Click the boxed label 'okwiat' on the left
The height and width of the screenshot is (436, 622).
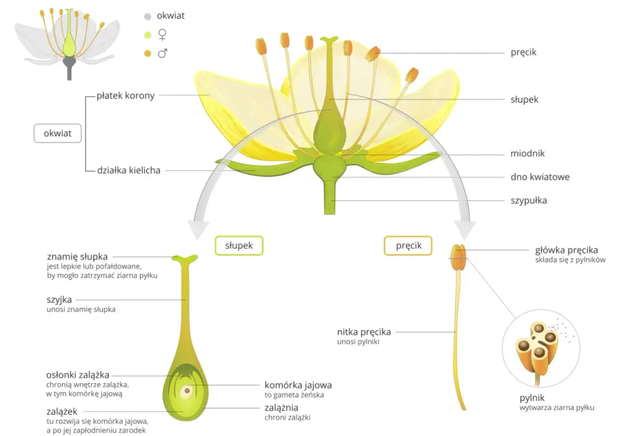click(x=57, y=133)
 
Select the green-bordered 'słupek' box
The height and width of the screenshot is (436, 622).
click(x=239, y=245)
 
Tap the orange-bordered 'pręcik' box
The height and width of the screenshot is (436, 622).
click(x=408, y=245)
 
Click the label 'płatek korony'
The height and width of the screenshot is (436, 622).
click(x=126, y=96)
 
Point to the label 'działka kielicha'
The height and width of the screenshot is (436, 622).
click(x=129, y=170)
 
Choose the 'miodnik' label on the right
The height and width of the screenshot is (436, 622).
click(x=527, y=153)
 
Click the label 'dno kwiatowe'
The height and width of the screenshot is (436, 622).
click(x=540, y=177)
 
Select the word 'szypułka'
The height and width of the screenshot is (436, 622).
click(x=528, y=201)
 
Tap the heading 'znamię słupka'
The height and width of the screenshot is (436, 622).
click(x=77, y=257)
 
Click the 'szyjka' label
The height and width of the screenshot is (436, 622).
click(x=59, y=300)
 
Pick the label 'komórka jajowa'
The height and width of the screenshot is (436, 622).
click(x=298, y=385)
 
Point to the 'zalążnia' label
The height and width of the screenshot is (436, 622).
click(x=281, y=408)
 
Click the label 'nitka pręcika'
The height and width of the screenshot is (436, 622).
click(x=364, y=332)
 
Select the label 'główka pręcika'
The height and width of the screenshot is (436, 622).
click(x=566, y=250)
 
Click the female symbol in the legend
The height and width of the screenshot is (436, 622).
click(x=162, y=35)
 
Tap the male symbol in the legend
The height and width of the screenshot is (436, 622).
click(x=162, y=53)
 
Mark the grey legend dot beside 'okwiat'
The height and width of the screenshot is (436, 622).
click(x=147, y=17)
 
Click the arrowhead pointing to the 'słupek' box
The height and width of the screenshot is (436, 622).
click(x=198, y=229)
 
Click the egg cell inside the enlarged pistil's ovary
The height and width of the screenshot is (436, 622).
click(x=187, y=391)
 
